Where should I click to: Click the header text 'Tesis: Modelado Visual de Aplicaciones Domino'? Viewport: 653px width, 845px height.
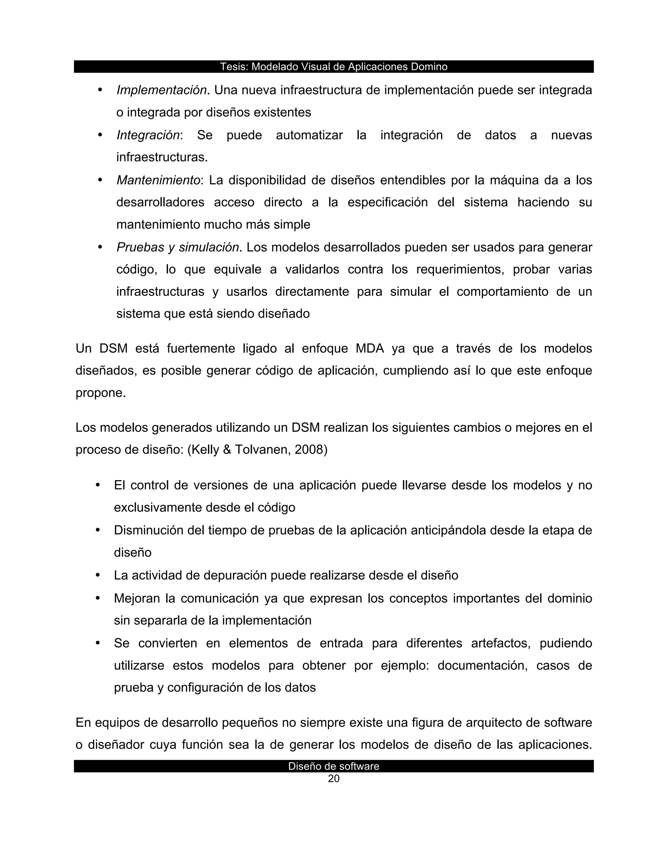coord(334,67)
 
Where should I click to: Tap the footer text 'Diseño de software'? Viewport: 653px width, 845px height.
coord(334,766)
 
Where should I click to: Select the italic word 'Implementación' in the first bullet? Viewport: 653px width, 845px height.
coord(162,90)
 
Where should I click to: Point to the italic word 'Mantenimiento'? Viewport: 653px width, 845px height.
coord(158,180)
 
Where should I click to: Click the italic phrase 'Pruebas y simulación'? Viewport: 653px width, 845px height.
coord(178,247)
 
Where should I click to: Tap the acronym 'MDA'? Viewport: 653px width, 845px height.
coord(370,348)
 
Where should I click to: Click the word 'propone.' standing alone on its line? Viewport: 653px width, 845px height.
coord(100,393)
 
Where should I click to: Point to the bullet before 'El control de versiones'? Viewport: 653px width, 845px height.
coord(98,485)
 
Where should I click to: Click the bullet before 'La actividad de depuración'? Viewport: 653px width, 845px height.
coord(98,575)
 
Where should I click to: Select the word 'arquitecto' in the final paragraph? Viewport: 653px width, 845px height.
coord(496,722)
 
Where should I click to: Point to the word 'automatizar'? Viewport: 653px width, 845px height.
coord(309,135)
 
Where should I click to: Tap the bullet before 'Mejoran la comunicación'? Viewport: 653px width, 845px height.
coord(98,598)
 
